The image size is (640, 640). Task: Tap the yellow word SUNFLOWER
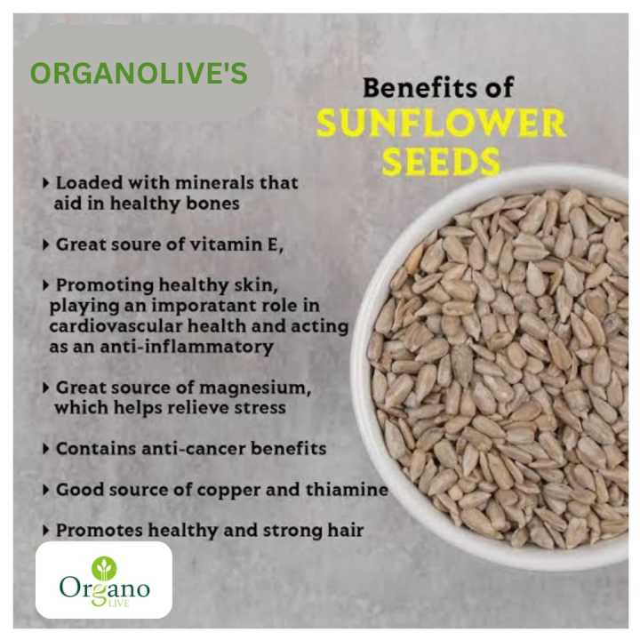(441, 124)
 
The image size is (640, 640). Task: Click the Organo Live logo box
(104, 580)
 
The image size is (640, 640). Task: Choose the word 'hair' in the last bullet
(346, 530)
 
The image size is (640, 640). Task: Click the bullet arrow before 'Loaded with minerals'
(46, 182)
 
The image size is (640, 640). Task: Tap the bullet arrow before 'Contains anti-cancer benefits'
(46, 448)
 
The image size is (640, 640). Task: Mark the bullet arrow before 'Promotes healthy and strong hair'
(46, 530)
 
